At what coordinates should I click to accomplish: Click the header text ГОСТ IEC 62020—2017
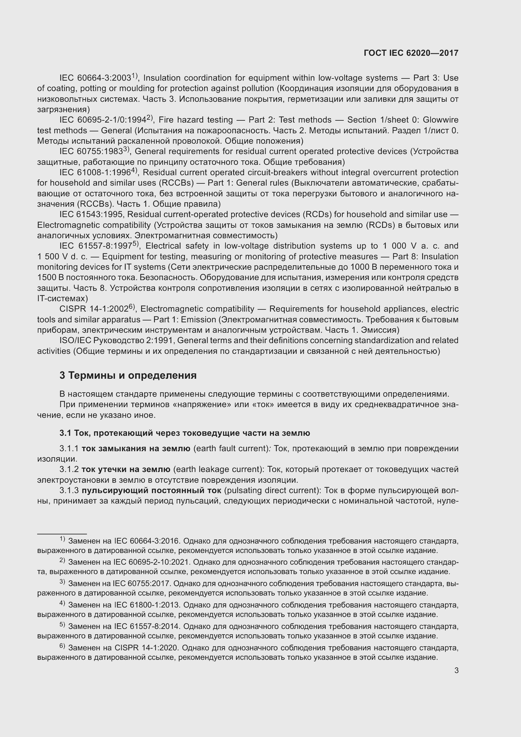coord(411,53)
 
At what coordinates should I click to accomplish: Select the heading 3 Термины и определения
coord(128,375)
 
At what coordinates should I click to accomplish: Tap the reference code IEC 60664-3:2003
coord(95,78)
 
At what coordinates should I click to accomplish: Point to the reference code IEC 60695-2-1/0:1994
coord(103,120)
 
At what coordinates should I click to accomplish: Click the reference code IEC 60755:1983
coord(91,152)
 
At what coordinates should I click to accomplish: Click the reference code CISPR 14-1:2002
coord(94,309)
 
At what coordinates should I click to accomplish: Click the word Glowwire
coord(440,120)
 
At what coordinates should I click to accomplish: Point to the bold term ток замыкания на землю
coord(136,449)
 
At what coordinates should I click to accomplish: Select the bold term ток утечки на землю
coord(126,469)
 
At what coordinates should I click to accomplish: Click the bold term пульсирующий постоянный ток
coord(151,491)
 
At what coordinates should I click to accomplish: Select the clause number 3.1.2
coord(69,469)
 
